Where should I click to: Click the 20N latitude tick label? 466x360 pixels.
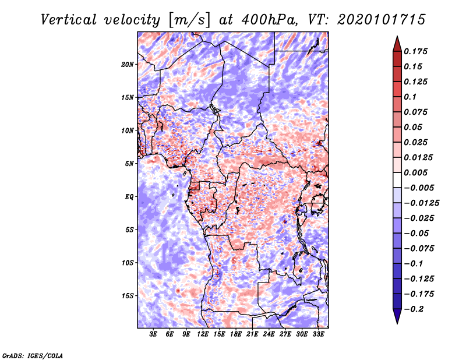pyautogui.click(x=128, y=65)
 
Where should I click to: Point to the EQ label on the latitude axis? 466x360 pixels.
pyautogui.click(x=129, y=197)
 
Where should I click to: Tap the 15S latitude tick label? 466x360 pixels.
pyautogui.click(x=128, y=296)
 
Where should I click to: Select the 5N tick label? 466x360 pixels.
pyautogui.click(x=129, y=164)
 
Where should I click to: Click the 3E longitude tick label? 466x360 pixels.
pyautogui.click(x=153, y=334)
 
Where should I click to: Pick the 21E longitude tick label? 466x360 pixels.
pyautogui.click(x=252, y=334)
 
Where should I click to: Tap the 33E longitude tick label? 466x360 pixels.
pyautogui.click(x=318, y=334)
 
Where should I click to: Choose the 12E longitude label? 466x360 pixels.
pyautogui.click(x=203, y=334)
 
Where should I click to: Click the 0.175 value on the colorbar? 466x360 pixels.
pyautogui.click(x=415, y=51)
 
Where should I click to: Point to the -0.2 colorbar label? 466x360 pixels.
pyautogui.click(x=414, y=309)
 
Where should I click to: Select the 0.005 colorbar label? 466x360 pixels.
pyautogui.click(x=415, y=172)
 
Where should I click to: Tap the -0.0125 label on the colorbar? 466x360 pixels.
pyautogui.click(x=421, y=203)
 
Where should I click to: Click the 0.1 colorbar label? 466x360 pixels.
pyautogui.click(x=410, y=97)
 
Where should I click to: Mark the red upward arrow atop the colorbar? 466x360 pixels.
pyautogui.click(x=397, y=44)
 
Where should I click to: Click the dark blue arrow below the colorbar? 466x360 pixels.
pyautogui.click(x=397, y=316)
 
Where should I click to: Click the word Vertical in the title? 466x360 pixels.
pyautogui.click(x=68, y=20)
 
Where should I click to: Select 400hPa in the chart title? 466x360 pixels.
pyautogui.click(x=270, y=20)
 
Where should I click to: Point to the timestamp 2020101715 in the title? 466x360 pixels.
pyautogui.click(x=382, y=20)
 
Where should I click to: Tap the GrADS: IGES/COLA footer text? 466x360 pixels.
pyautogui.click(x=33, y=355)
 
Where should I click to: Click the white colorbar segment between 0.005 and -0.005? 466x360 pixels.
pyautogui.click(x=397, y=180)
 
